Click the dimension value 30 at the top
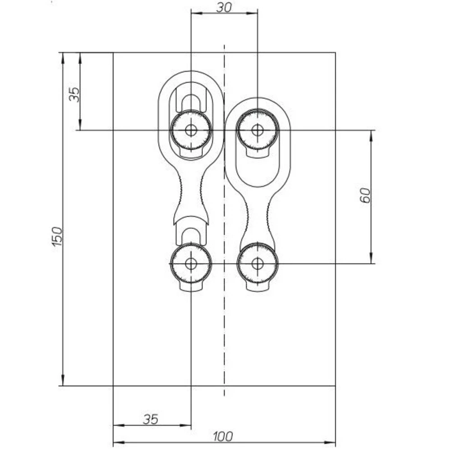[224, 7]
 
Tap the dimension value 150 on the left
[57, 236]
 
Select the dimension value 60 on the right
[365, 195]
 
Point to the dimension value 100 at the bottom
[223, 437]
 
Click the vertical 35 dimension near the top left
[74, 94]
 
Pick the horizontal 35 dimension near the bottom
[151, 419]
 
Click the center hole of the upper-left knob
[191, 130]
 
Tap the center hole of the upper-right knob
[258, 130]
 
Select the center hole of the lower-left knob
[191, 263]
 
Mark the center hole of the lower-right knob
[258, 263]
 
